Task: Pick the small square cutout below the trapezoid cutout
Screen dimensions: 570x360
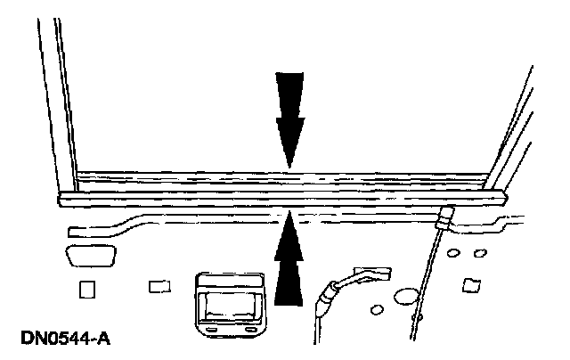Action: click(x=86, y=290)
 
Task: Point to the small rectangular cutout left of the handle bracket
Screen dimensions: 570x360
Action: click(x=159, y=286)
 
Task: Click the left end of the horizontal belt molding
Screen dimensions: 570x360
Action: click(x=64, y=199)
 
